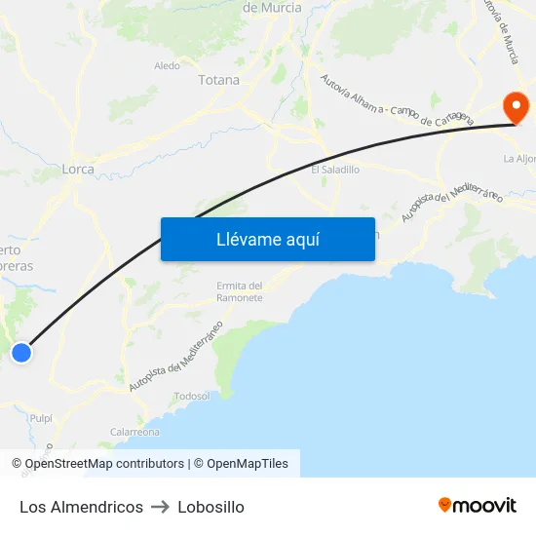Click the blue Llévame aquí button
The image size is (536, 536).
pyautogui.click(x=267, y=240)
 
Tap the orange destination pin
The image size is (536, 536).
pyautogui.click(x=513, y=105)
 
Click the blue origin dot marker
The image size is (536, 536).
pyautogui.click(x=20, y=353)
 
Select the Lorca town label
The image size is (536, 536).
pyautogui.click(x=78, y=169)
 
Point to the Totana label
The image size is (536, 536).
pyautogui.click(x=218, y=80)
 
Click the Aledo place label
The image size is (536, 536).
pyautogui.click(x=167, y=66)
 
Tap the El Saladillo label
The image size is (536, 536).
pyautogui.click(x=335, y=169)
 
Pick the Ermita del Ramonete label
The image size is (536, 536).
pyautogui.click(x=239, y=291)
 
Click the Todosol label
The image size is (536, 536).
pyautogui.click(x=191, y=396)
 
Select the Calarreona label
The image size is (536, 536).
pyautogui.click(x=134, y=432)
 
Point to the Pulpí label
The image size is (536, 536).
pyautogui.click(x=41, y=417)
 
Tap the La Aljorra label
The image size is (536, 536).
pyautogui.click(x=520, y=158)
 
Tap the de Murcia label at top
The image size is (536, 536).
pyautogui.click(x=272, y=8)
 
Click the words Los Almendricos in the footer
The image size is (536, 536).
pyautogui.click(x=81, y=507)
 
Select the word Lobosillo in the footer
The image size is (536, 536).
pyautogui.click(x=211, y=507)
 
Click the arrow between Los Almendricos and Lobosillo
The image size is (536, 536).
pyautogui.click(x=161, y=507)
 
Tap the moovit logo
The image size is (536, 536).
pyautogui.click(x=478, y=505)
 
